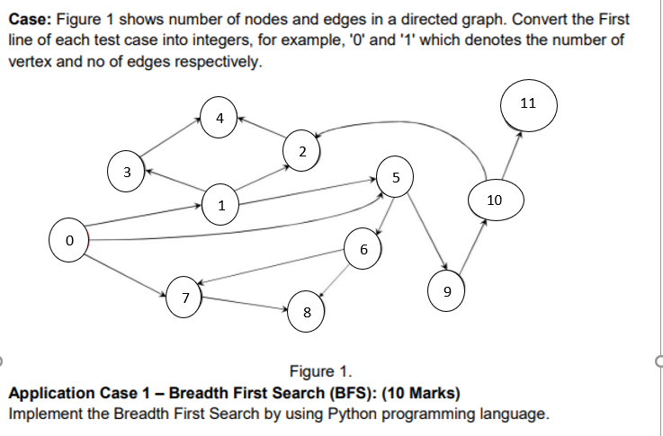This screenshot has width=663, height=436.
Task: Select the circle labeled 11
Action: (x=528, y=102)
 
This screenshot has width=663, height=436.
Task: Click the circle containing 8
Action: (x=308, y=312)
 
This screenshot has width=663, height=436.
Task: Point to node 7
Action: (x=184, y=297)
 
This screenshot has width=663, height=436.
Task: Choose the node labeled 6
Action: (x=363, y=249)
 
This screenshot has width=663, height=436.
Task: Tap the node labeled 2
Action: (x=303, y=148)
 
